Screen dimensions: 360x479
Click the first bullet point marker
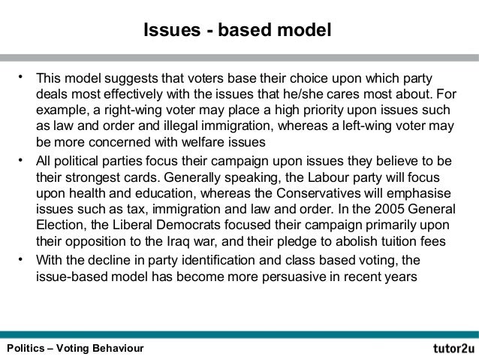pyautogui.click(x=23, y=77)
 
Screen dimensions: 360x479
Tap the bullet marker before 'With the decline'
pyautogui.click(x=23, y=260)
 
